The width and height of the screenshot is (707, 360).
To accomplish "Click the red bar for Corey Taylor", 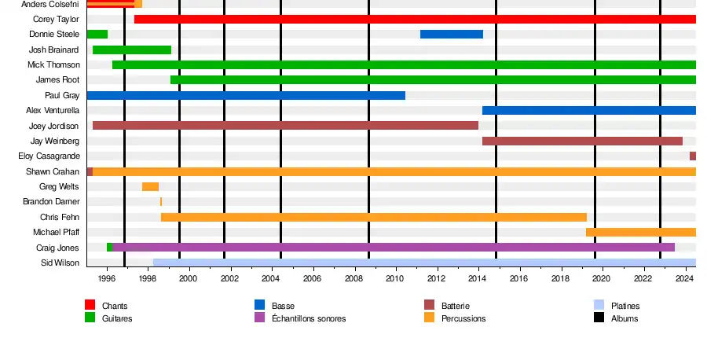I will point(415,19).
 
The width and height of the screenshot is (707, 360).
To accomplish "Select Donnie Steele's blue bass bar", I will point(451,34).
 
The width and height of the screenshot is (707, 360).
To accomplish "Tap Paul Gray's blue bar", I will point(245,95).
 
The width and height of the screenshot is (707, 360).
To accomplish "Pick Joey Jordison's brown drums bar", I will point(285,126).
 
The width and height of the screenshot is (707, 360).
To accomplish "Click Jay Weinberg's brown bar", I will point(582,141).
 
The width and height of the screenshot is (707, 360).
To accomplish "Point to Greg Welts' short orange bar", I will point(150,186).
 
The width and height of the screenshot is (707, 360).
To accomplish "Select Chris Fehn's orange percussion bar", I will point(373,217).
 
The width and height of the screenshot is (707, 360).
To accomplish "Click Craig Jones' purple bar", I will point(393,248).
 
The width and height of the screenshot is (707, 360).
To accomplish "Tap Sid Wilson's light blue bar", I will point(424,263).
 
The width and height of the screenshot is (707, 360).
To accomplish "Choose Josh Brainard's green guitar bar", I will point(131,50).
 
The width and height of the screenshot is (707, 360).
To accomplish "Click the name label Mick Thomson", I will point(53,64).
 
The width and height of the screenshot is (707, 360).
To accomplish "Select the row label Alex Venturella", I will point(52,111).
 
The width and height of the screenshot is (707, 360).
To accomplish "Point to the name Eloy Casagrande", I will point(49,156).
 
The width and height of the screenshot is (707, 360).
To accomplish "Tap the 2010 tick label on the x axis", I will point(394,278).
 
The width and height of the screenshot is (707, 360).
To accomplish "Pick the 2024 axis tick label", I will point(685,278).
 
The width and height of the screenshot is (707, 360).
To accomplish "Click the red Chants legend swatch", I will point(90,305).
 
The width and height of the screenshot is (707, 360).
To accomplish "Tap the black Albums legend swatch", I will point(599,318).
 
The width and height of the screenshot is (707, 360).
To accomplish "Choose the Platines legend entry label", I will point(625,306).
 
